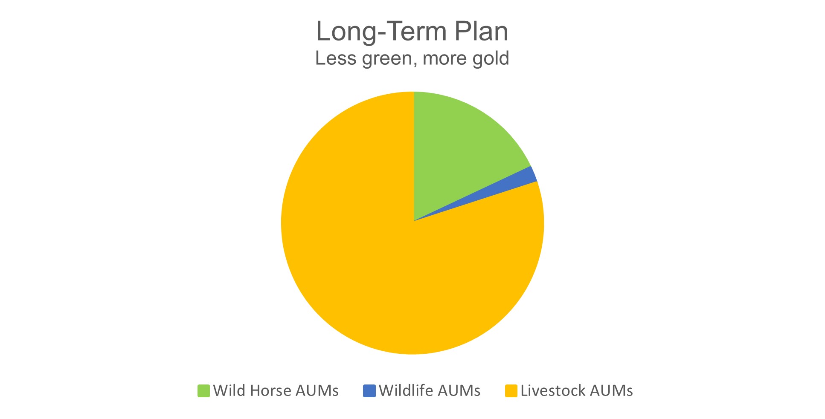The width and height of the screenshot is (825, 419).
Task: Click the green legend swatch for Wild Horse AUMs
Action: tap(203, 391)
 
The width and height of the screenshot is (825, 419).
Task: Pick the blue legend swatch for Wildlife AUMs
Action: tap(369, 391)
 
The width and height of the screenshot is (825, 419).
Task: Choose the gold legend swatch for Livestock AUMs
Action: tap(511, 391)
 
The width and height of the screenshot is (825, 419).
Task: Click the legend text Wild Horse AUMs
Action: tap(276, 391)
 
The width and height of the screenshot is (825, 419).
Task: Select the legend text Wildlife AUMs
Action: tap(429, 391)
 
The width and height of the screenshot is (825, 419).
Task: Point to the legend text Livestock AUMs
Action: tap(576, 391)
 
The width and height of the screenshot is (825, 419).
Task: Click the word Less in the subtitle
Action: tap(335, 58)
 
